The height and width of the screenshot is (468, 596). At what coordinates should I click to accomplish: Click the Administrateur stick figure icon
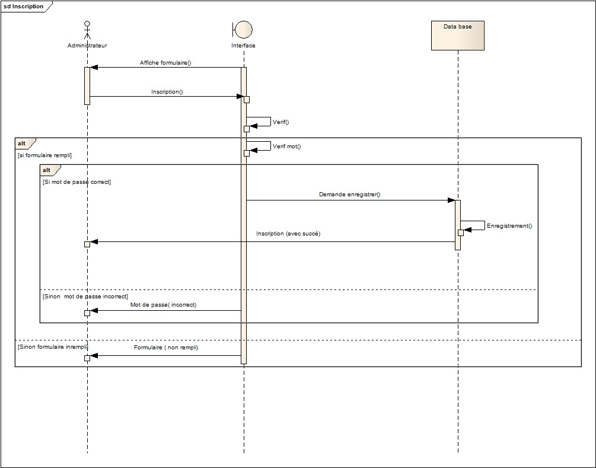point(87,31)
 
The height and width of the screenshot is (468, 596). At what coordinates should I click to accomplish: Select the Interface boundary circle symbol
point(244,30)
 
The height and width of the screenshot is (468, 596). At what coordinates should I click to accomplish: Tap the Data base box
point(458,36)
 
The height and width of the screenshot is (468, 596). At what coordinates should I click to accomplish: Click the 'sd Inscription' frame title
point(24,7)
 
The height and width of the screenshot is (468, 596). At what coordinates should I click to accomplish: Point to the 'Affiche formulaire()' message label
point(165,62)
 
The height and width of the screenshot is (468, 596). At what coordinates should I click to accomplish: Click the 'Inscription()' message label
point(167,92)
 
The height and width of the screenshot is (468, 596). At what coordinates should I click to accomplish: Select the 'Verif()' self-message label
point(281,122)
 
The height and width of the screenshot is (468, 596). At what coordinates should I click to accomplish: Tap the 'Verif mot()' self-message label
point(286,147)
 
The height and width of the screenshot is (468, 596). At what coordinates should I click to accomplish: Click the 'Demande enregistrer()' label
point(349,195)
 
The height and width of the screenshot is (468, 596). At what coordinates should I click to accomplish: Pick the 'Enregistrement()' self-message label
point(509,226)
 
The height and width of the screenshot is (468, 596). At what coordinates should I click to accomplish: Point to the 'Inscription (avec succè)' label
point(288,234)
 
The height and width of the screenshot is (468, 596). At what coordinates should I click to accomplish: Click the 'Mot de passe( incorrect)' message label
point(163,305)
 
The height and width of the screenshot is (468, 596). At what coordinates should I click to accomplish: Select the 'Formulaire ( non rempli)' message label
point(166,348)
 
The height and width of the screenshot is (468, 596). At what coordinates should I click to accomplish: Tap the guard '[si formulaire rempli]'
point(45,155)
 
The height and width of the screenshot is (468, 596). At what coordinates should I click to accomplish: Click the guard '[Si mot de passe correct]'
point(77,182)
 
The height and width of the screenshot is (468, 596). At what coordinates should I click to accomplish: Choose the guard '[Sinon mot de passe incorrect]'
point(85,296)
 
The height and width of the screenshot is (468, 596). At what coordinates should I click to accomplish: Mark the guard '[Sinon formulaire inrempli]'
point(53,346)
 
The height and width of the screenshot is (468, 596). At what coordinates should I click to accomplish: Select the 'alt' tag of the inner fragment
point(47,170)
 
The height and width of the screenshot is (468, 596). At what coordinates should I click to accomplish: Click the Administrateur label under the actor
point(87,46)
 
